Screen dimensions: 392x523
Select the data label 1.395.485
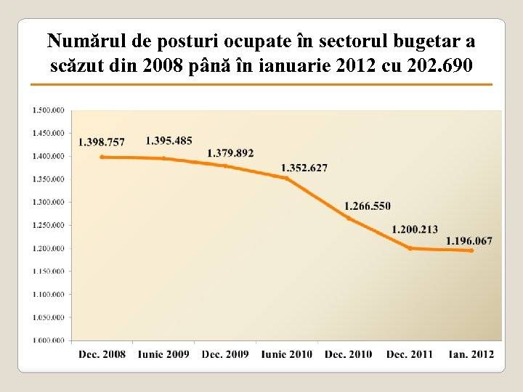(169, 140)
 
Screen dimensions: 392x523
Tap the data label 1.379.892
(230, 153)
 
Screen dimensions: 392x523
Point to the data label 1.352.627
(304, 168)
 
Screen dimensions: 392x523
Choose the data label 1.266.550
(367, 206)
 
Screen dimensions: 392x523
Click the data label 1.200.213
(415, 229)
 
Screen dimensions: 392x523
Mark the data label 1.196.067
(469, 241)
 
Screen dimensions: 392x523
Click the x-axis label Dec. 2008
(102, 354)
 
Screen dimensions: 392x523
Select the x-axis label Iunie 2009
(163, 354)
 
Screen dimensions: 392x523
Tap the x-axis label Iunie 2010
(287, 354)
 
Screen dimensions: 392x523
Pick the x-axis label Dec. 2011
(410, 354)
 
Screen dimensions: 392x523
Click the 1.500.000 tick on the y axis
(48, 110)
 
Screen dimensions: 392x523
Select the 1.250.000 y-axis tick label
(48, 225)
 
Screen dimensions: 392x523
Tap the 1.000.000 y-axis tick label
(48, 340)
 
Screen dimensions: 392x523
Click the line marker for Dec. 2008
(102, 157)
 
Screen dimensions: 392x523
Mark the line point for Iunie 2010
(286, 178)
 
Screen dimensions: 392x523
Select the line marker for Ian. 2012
(471, 250)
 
